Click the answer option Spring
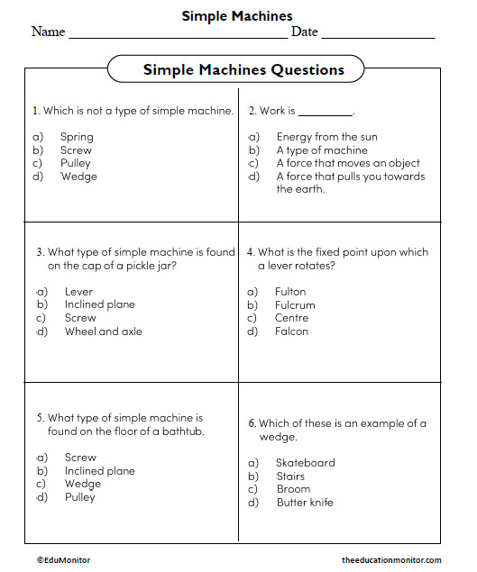[77, 137]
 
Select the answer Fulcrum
[295, 304]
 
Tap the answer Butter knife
[304, 502]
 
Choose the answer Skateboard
[305, 462]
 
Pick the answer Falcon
[291, 331]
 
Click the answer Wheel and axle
[103, 331]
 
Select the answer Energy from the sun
[326, 137]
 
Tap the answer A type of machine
[321, 150]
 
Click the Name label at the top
[48, 32]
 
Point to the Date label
[304, 32]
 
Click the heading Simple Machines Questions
[243, 69]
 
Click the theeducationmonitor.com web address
[391, 559]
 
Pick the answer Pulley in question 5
[79, 496]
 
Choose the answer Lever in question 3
[78, 291]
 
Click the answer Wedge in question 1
[78, 177]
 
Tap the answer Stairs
[290, 476]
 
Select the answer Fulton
[290, 291]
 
